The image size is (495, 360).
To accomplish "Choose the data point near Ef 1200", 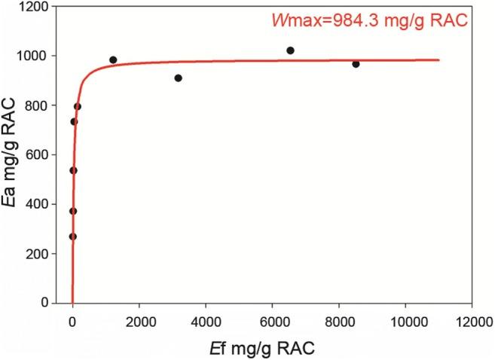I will click(x=113, y=59).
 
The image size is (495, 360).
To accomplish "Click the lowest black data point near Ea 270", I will click(x=73, y=236).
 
